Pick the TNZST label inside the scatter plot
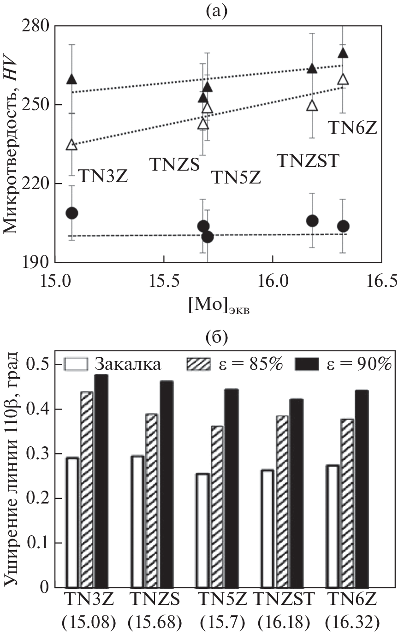(308, 161)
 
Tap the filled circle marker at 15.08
(72, 213)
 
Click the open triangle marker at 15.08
(72, 145)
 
